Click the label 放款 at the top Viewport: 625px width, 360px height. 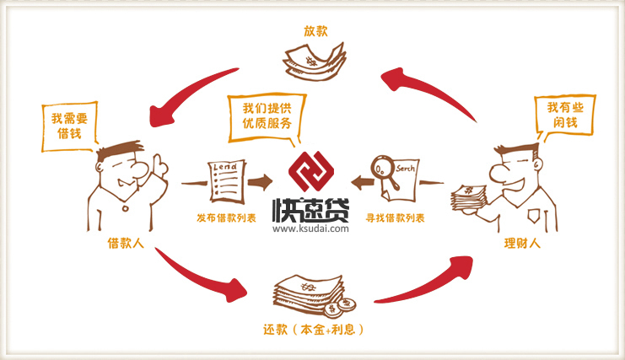[315, 31]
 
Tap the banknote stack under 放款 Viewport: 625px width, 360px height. [315, 61]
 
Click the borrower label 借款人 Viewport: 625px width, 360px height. [123, 244]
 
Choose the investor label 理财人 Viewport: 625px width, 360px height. [521, 244]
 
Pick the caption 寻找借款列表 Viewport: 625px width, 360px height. [394, 218]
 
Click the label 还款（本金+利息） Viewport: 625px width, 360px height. [313, 328]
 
